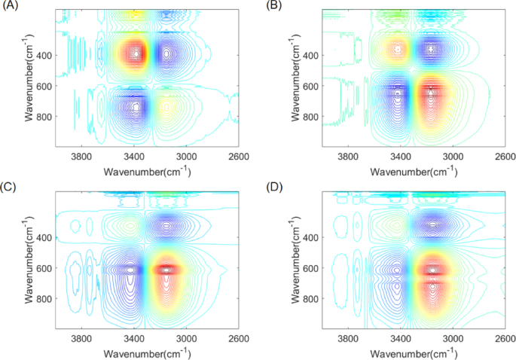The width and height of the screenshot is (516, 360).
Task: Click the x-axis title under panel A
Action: [147, 171]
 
